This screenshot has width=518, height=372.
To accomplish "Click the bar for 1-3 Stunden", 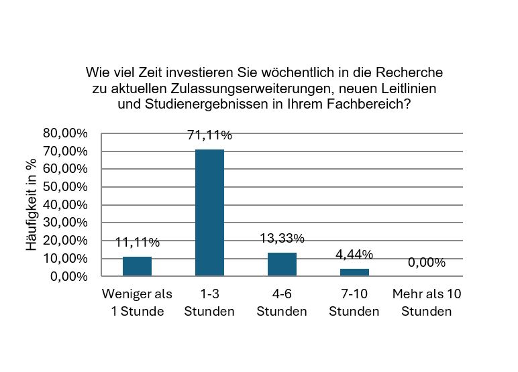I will [209, 212].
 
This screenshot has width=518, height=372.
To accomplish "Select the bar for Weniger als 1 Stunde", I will [137, 266].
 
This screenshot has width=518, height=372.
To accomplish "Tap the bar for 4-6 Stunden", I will [282, 264].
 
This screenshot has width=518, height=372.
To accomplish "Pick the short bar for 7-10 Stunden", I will [354, 272].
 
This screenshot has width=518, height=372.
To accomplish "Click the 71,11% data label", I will [209, 135].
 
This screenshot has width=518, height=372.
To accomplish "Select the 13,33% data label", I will [282, 238].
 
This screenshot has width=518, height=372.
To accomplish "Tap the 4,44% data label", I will [354, 254].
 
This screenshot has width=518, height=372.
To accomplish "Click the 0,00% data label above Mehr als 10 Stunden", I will [427, 263].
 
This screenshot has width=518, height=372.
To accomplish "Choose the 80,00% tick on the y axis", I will [65, 133].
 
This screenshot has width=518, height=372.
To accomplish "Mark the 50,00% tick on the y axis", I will [65, 187].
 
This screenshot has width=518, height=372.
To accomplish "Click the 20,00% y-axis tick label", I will [65, 240].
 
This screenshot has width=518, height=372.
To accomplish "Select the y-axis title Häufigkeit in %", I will [32, 205].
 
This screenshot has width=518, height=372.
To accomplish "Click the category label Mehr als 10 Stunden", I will [427, 302].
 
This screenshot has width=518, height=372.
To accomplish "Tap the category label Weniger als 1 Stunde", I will [137, 302].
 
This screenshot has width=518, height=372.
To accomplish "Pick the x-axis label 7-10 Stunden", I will [354, 302].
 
